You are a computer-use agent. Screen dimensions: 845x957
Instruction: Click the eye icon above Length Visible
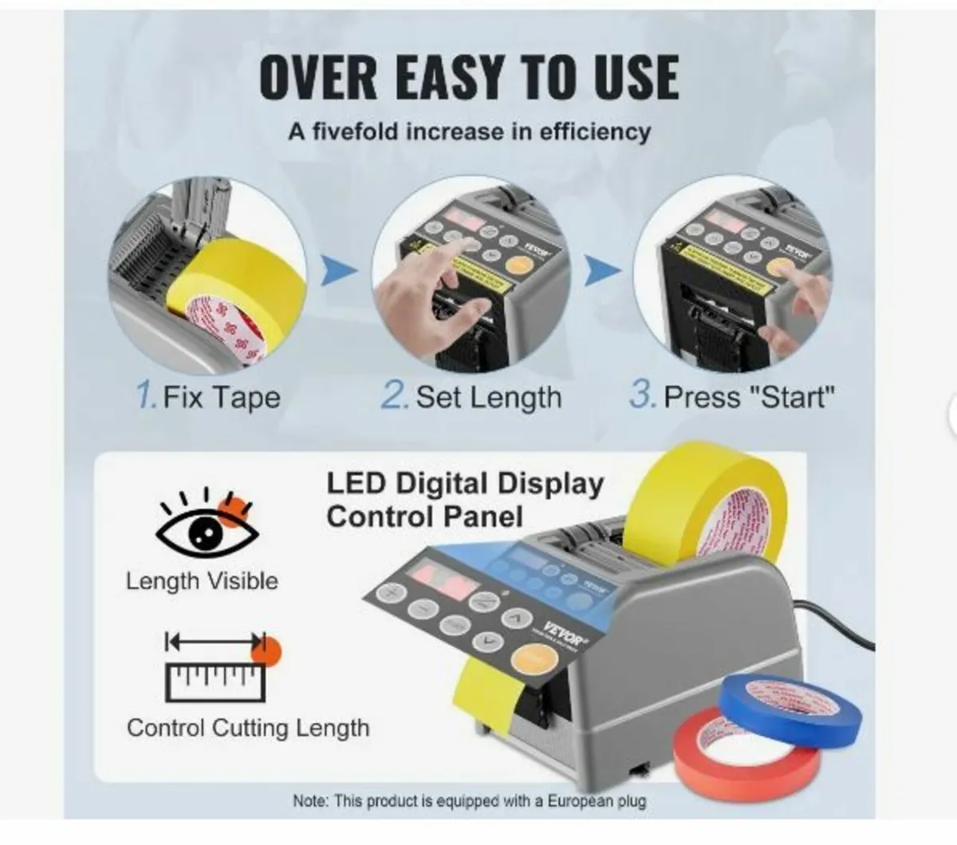click(x=207, y=525)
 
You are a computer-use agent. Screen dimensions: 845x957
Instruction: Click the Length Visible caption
click(x=202, y=581)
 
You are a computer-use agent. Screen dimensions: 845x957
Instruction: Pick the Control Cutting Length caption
click(x=248, y=728)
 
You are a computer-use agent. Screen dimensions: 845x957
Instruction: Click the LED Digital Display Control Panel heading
click(x=465, y=500)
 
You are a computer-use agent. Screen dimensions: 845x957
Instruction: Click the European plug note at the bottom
click(x=469, y=800)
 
